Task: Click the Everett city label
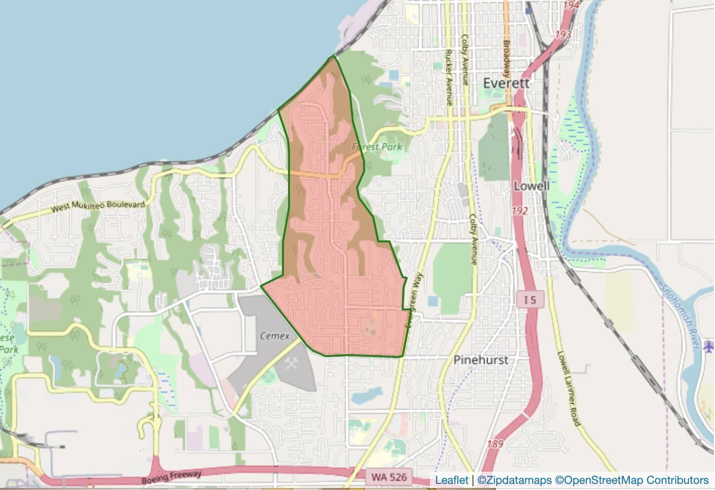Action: point(506,83)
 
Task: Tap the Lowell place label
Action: point(531,186)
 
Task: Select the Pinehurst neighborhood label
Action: point(480,360)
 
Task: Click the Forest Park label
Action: point(377,147)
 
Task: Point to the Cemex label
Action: point(274,335)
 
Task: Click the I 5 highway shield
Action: point(530,300)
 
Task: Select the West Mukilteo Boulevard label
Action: point(98,206)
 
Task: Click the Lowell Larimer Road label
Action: point(567,388)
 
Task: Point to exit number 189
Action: point(495,444)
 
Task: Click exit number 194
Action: point(571,5)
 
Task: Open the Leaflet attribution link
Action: point(451,480)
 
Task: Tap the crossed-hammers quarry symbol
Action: point(292,363)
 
